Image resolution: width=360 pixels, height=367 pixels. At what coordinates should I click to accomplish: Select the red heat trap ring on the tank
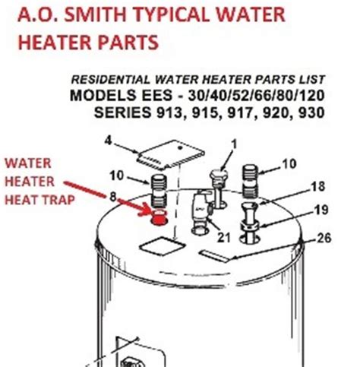click(159, 220)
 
